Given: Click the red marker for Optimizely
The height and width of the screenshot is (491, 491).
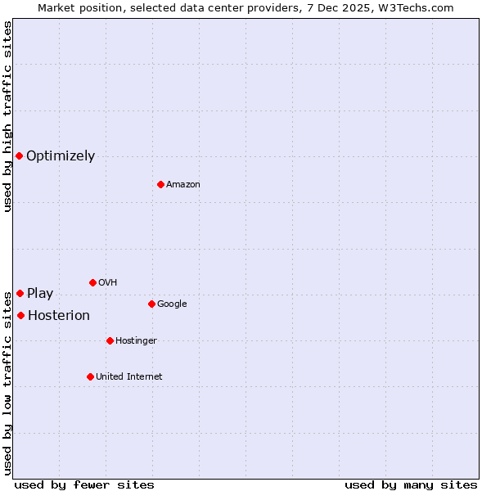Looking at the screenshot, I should [x=19, y=155].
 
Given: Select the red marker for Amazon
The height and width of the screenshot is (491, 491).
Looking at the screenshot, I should [x=160, y=184].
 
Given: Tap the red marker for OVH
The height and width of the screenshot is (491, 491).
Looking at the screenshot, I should [x=92, y=282].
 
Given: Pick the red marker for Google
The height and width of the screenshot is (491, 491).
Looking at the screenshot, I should [x=151, y=304].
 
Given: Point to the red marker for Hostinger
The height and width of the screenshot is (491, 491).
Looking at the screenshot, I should [x=110, y=340].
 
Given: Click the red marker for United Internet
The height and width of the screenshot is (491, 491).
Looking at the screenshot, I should [x=90, y=376].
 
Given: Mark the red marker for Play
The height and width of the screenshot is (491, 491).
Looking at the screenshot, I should [x=20, y=293].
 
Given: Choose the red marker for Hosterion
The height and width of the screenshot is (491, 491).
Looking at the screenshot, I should [x=20, y=315].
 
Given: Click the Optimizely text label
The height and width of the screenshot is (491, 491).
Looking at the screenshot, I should [x=61, y=156].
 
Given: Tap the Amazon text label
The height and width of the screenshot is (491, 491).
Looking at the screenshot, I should [x=183, y=185].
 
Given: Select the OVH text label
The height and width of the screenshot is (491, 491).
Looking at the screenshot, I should [x=107, y=283].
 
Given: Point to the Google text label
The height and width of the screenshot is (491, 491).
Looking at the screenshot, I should [x=172, y=304].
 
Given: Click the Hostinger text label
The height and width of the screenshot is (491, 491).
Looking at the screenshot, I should [x=136, y=341].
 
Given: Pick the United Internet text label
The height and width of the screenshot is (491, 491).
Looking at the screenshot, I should [x=129, y=377].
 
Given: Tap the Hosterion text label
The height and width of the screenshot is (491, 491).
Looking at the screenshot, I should [x=59, y=316].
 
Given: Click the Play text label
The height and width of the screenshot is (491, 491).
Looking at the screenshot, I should [x=40, y=294].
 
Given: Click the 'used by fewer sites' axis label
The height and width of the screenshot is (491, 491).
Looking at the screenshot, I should [x=84, y=484].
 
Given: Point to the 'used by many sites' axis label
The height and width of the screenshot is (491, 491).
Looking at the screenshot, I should [x=411, y=484].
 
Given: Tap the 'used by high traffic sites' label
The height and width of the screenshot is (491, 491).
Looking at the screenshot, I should [x=7, y=116].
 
